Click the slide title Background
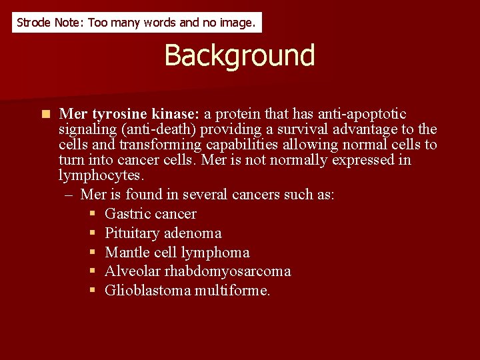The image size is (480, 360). click(239, 55)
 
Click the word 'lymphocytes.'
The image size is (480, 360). click(101, 175)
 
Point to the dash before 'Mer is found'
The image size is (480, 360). click(69, 195)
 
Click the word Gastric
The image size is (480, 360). click(127, 214)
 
